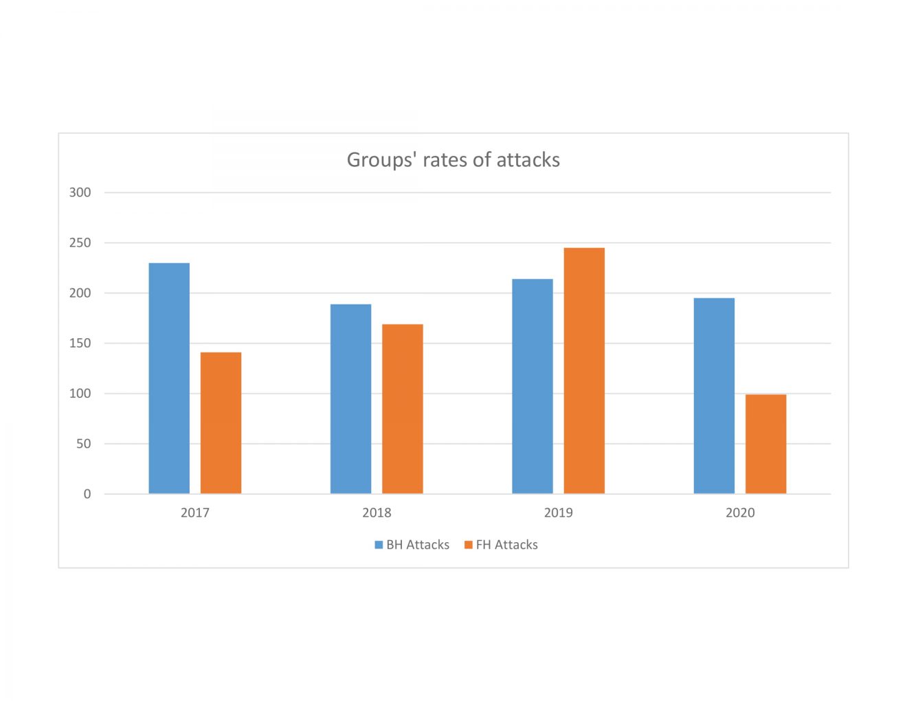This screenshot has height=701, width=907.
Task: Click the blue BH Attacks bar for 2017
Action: point(169,378)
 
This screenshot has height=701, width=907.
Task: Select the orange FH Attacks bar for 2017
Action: point(221,423)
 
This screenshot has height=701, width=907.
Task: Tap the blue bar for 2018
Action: point(350,399)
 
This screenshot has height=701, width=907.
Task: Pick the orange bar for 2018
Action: point(403,409)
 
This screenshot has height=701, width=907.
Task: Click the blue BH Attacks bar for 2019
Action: point(533,386)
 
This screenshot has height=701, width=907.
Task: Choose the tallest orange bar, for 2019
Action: point(584,371)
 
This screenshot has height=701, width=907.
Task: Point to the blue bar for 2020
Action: point(714,396)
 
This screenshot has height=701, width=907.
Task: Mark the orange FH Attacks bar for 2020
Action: point(765,444)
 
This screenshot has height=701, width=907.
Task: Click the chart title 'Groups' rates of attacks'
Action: point(453,159)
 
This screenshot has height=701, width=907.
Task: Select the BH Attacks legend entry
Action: point(412,544)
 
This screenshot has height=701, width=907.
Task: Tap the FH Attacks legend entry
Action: point(502,544)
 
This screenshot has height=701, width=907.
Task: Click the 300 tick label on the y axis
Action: point(80,192)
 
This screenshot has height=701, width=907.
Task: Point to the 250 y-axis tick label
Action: point(80,243)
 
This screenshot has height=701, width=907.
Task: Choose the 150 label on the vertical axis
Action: point(80,343)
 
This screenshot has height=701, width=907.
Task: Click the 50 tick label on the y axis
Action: point(83,444)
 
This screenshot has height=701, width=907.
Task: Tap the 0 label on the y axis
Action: point(87,494)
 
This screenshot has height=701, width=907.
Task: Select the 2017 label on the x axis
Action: point(195,513)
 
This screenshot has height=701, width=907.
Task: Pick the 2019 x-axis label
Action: point(558,513)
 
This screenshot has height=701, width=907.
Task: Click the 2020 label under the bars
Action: point(740,513)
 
